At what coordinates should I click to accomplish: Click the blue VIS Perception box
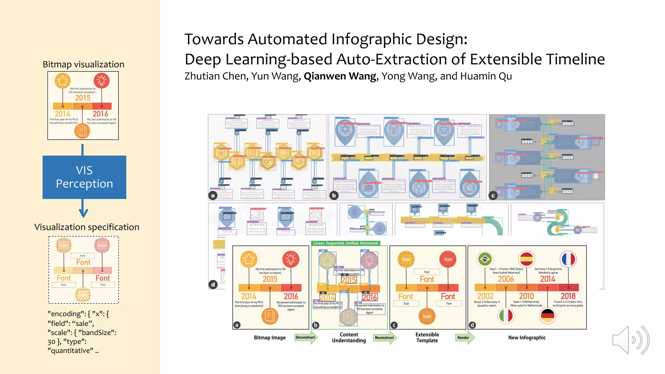(x=84, y=177)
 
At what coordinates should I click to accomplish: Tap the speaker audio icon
(x=630, y=340)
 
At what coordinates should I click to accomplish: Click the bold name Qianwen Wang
(x=340, y=76)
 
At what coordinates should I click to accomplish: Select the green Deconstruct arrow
(x=306, y=338)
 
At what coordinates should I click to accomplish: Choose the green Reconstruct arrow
(x=385, y=338)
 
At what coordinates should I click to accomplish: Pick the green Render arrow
(x=464, y=338)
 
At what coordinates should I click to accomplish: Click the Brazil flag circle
(x=485, y=259)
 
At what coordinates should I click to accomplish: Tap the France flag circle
(x=568, y=259)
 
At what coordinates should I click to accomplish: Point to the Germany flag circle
(x=548, y=315)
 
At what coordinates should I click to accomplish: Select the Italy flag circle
(x=506, y=315)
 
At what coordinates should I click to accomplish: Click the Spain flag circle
(x=527, y=259)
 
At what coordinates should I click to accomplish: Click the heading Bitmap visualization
(x=83, y=64)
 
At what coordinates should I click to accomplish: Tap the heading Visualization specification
(x=87, y=227)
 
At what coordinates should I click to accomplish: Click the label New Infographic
(x=527, y=338)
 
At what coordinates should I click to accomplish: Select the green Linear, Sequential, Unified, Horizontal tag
(x=345, y=243)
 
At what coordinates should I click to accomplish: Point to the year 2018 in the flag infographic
(x=568, y=296)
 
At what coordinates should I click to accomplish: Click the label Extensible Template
(x=427, y=338)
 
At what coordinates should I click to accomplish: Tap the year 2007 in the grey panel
(x=568, y=124)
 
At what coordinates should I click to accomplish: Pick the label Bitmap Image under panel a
(x=270, y=338)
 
